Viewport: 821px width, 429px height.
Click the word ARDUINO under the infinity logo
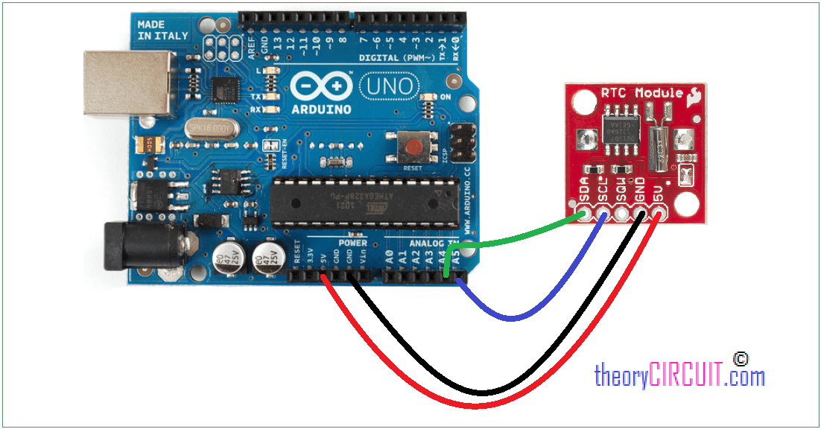tap(320, 109)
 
